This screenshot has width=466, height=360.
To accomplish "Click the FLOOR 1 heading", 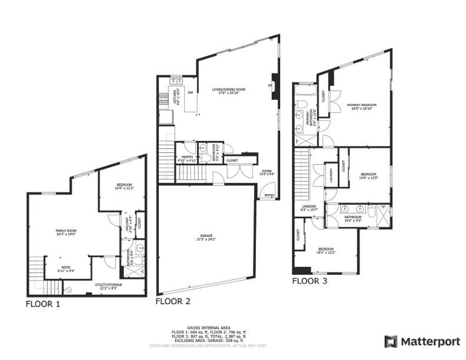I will (42, 304).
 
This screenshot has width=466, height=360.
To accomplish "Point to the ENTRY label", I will (269, 195).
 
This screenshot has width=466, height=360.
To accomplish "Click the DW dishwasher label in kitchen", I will (190, 93).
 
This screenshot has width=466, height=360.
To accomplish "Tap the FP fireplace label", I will (270, 86).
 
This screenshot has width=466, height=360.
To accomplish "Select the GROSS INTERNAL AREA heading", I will (209, 327).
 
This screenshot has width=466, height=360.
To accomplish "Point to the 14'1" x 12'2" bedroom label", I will (327, 251).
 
